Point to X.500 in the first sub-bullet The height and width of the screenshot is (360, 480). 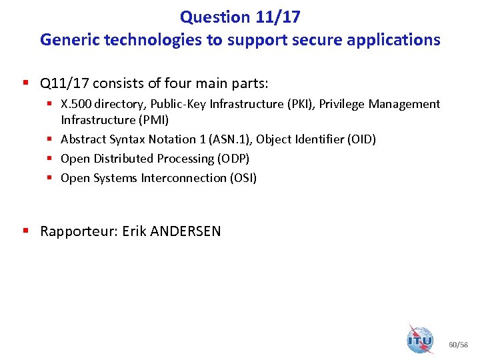coord(76,104)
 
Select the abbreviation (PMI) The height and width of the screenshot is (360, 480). coord(153,120)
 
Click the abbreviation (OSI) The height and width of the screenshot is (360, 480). coord(243,178)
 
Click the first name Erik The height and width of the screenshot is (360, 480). coord(135,231)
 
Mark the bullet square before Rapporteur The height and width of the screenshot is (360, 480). coord(25,231)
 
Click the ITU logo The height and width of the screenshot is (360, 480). coord(420,339)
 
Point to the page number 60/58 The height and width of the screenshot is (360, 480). coord(459,345)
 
